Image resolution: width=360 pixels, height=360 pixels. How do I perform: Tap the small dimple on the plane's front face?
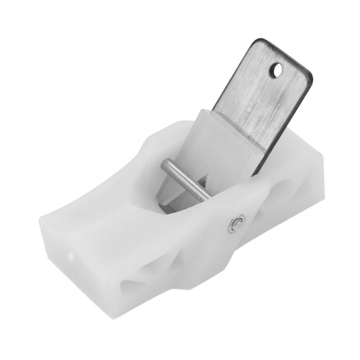pos(71,255)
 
